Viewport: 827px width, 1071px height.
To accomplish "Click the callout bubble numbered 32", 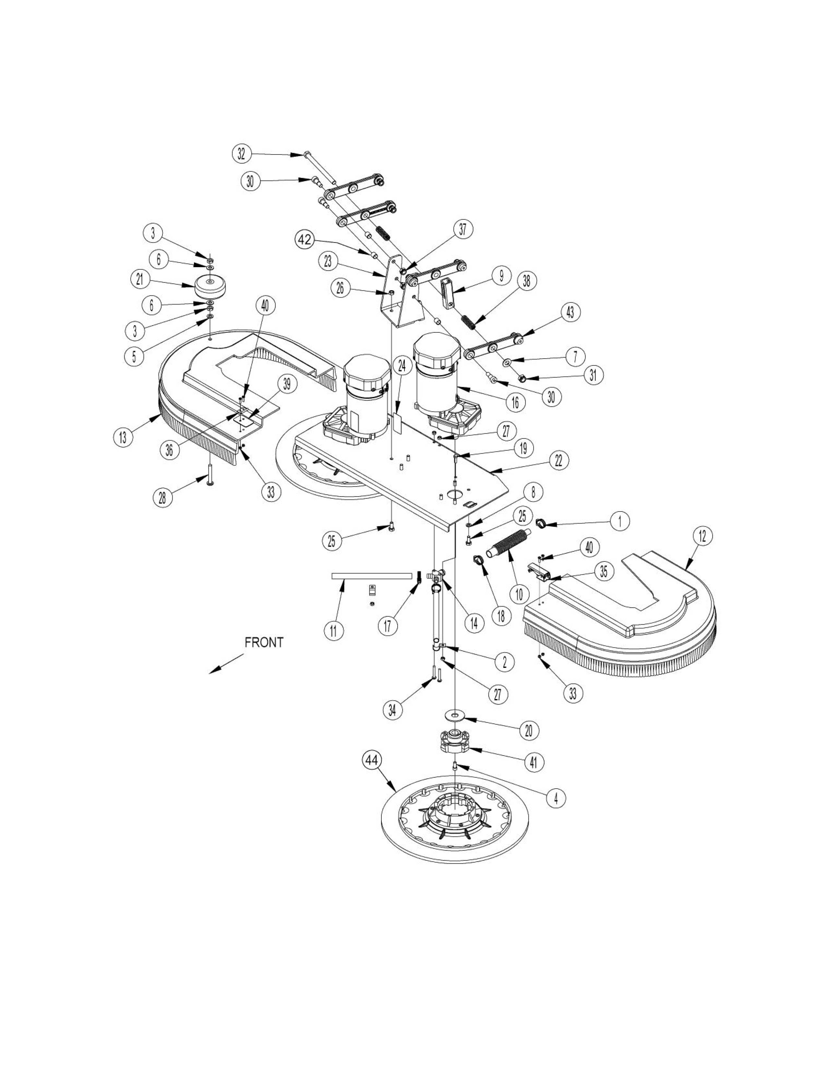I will pos(241,154).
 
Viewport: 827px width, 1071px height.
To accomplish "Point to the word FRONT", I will pos(264,642).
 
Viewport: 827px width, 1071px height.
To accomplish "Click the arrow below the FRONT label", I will pos(226,663).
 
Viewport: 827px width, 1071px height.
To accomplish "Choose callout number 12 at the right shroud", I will pos(702,536).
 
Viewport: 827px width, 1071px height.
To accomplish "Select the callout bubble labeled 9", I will pos(501,276).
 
